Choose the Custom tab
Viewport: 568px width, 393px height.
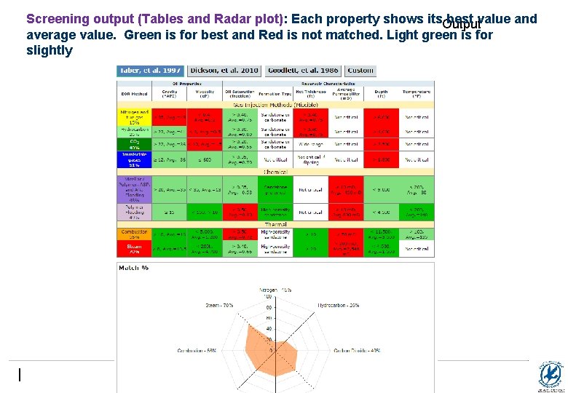pyautogui.click(x=360, y=71)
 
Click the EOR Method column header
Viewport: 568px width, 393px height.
pyautogui.click(x=134, y=94)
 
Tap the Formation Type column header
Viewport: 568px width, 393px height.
pyautogui.click(x=276, y=94)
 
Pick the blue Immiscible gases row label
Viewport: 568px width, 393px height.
pyautogui.click(x=134, y=160)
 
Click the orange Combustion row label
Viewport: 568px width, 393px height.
pyautogui.click(x=134, y=234)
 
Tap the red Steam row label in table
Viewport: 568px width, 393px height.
pyautogui.click(x=134, y=249)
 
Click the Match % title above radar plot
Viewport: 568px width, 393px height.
pyautogui.click(x=135, y=269)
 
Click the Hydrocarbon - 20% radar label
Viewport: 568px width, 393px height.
pyautogui.click(x=339, y=305)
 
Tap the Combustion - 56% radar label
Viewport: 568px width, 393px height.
pyautogui.click(x=196, y=351)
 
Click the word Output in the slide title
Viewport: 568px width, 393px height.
pyautogui.click(x=462, y=25)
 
